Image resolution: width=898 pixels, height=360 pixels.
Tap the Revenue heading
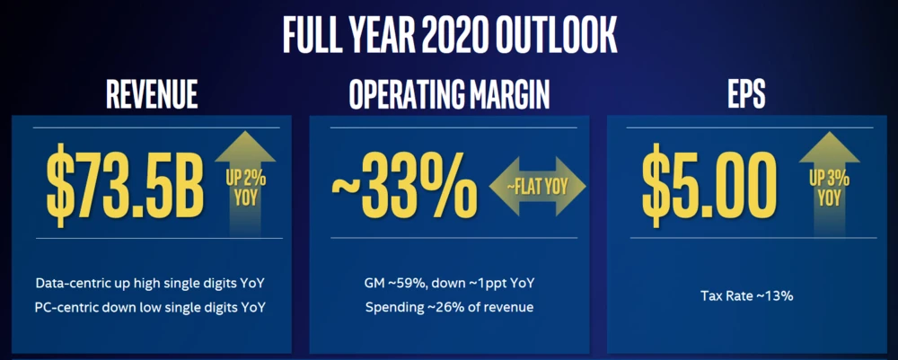[152, 93]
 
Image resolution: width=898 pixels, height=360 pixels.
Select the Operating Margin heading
[449, 93]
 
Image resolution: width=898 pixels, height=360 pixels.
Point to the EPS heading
[744, 93]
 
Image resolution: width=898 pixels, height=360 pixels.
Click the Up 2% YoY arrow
[245, 183]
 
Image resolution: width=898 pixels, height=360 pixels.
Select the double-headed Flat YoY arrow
[537, 187]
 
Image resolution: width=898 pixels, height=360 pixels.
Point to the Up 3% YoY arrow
[829, 183]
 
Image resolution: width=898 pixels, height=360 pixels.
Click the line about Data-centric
[151, 284]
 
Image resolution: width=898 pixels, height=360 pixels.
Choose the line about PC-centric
[151, 307]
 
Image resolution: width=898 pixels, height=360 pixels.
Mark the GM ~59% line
[449, 284]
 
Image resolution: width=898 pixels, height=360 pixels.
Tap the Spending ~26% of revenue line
[449, 307]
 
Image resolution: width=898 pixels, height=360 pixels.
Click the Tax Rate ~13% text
[746, 296]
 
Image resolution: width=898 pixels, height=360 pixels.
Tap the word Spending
[391, 308]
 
